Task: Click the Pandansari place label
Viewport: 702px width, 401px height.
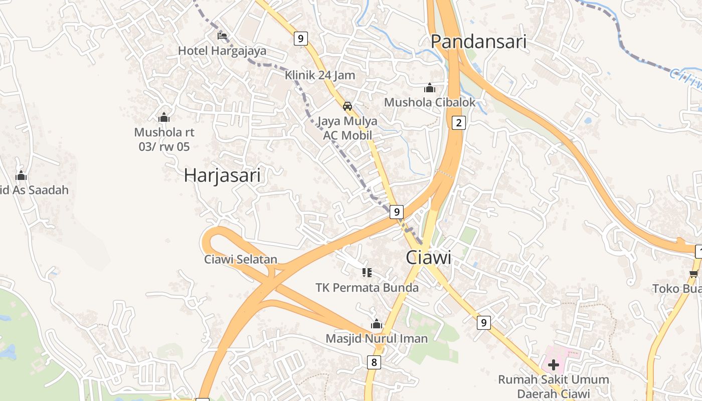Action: pyautogui.click(x=479, y=42)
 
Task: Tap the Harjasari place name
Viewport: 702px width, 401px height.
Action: pyautogui.click(x=222, y=175)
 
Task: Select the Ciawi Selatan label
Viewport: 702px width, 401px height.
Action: pyautogui.click(x=241, y=260)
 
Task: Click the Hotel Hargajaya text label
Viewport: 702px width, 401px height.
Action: pyautogui.click(x=222, y=51)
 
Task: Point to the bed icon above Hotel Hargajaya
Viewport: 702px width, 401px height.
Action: pyautogui.click(x=222, y=36)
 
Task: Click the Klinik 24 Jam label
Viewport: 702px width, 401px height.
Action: pyautogui.click(x=320, y=75)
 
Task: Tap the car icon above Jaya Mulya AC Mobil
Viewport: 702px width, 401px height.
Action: pyautogui.click(x=347, y=106)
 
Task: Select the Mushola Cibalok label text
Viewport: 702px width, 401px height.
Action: pyautogui.click(x=430, y=102)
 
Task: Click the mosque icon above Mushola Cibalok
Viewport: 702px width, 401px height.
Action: pyautogui.click(x=430, y=88)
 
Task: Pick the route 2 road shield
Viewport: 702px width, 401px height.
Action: pyautogui.click(x=458, y=122)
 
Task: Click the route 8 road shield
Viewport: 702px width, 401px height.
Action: pyautogui.click(x=374, y=362)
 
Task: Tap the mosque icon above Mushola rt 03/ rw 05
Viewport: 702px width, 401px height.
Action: pyautogui.click(x=164, y=117)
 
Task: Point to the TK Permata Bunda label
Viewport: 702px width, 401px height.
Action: pyautogui.click(x=367, y=288)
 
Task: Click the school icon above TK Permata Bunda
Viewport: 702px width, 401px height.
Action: pyautogui.click(x=367, y=273)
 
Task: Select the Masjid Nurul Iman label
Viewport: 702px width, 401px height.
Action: pyautogui.click(x=377, y=338)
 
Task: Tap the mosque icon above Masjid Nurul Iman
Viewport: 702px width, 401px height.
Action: pyautogui.click(x=377, y=324)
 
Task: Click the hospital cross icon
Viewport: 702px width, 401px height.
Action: pyautogui.click(x=554, y=364)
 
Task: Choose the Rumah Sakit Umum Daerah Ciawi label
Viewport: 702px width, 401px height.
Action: pyautogui.click(x=554, y=386)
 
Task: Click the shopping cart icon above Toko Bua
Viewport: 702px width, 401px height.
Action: pyautogui.click(x=694, y=274)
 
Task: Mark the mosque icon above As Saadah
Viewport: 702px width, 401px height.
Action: pyautogui.click(x=21, y=175)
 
